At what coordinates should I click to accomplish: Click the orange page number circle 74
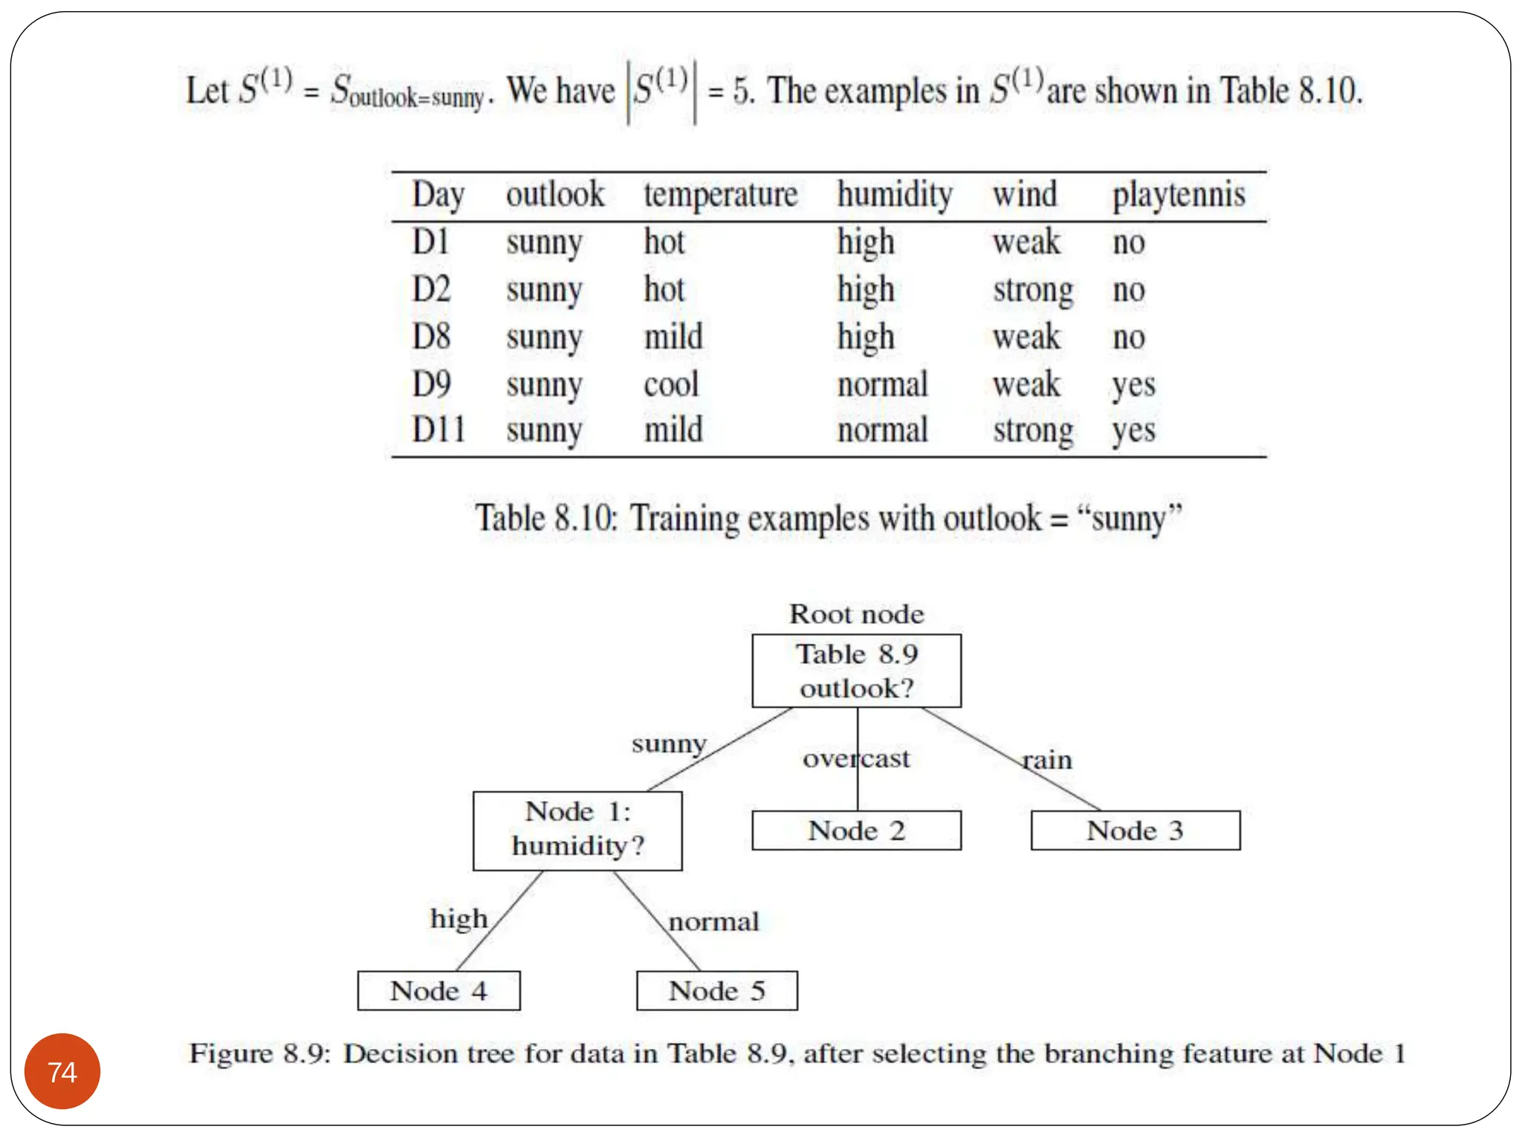(62, 1071)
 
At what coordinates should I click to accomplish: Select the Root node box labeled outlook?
(856, 671)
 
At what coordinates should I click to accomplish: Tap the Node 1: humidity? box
(577, 830)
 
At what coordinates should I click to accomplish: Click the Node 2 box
(856, 830)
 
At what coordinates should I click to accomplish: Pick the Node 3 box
(1135, 830)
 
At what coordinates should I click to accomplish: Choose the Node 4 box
(438, 991)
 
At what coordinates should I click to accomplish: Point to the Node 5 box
(716, 991)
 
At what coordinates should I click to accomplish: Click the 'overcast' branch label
(856, 758)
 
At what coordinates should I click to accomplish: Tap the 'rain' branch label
(1047, 760)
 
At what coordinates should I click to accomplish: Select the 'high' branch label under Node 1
(459, 920)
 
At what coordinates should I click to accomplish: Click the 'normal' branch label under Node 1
(713, 922)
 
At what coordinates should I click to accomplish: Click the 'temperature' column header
(720, 195)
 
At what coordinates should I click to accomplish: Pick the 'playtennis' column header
(1179, 195)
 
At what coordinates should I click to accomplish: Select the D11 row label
(438, 430)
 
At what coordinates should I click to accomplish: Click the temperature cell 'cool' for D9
(671, 384)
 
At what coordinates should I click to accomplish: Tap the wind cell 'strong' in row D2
(1033, 290)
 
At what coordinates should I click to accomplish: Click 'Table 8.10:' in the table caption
(546, 518)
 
